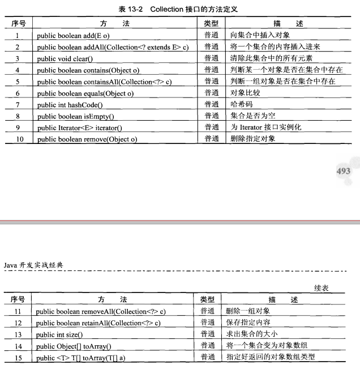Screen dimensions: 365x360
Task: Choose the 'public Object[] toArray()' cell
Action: pyautogui.click(x=74, y=346)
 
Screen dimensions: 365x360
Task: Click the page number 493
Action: pyautogui.click(x=343, y=171)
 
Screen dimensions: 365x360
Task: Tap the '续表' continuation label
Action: pyautogui.click(x=322, y=288)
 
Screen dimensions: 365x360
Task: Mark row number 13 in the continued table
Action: pyautogui.click(x=18, y=335)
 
